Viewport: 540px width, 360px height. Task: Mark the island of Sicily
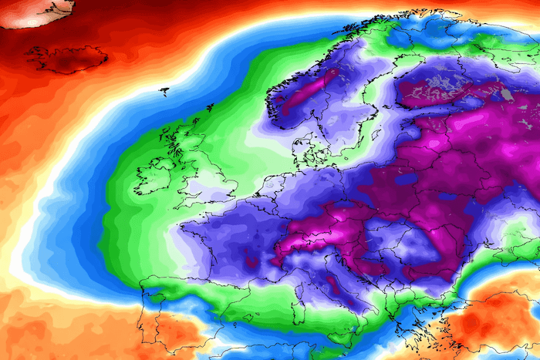click(340, 331)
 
